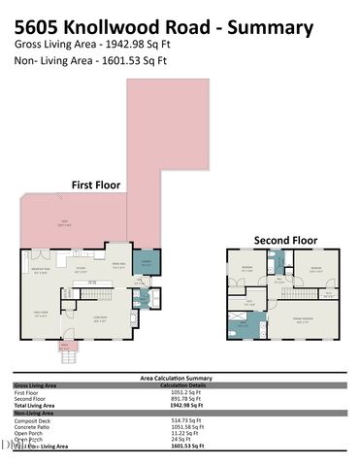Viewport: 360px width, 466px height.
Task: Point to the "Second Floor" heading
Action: (285, 240)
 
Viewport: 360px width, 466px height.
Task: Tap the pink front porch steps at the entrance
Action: (65, 348)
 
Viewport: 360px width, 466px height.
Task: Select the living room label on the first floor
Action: (99, 316)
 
